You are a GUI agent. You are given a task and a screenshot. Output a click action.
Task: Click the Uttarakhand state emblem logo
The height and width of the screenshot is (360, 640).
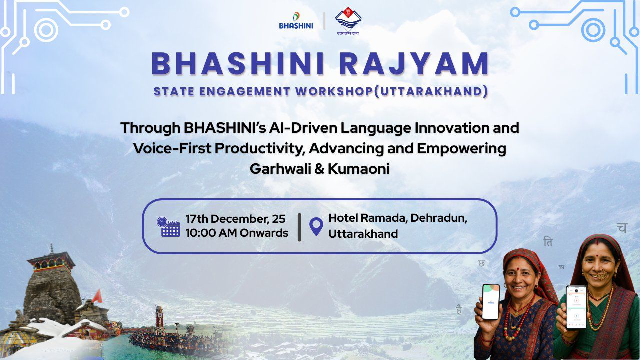click(x=348, y=21)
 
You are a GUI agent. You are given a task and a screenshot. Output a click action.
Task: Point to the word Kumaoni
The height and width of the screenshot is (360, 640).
click(x=358, y=168)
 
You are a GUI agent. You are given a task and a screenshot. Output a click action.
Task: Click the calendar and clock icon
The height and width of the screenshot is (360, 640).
click(x=168, y=226)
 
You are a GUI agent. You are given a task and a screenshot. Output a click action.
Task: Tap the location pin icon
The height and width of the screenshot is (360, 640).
click(x=316, y=226)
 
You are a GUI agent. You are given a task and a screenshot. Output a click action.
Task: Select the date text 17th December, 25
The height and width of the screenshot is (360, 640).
click(x=235, y=219)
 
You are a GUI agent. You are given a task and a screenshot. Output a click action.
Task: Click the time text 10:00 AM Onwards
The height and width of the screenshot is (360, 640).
click(x=237, y=233)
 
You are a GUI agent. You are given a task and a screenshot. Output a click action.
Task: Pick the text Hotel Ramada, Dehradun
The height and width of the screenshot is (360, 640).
click(x=397, y=219)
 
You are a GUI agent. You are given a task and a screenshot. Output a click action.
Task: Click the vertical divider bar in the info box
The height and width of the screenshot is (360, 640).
click(x=299, y=227)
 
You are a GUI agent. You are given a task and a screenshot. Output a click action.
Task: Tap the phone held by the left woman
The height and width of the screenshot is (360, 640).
click(x=490, y=301)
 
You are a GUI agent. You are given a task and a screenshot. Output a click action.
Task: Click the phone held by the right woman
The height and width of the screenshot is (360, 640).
click(x=576, y=307)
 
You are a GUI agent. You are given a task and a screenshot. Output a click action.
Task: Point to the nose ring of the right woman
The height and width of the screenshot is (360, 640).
click(x=600, y=274)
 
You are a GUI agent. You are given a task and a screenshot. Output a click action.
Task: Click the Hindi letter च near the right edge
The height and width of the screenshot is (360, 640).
click(x=621, y=228)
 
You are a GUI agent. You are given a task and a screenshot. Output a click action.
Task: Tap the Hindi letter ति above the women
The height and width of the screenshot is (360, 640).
click(x=548, y=242)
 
